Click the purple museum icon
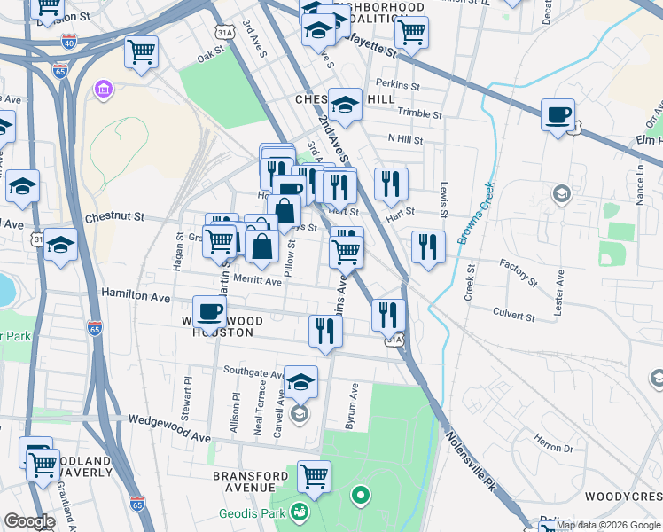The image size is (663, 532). [104, 90]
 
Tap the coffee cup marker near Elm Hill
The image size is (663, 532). [558, 115]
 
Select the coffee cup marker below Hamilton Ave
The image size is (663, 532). [209, 313]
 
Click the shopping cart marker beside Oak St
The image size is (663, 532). [141, 52]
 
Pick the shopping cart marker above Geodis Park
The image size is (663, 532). [314, 477]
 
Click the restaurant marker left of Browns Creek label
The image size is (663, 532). [429, 247]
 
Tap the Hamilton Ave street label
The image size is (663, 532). [135, 292]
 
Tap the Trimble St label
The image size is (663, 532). [419, 114]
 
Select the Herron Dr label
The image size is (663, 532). [555, 442]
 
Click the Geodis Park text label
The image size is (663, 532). [253, 513]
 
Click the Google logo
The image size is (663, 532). [29, 521]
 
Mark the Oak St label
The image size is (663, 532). [212, 55]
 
